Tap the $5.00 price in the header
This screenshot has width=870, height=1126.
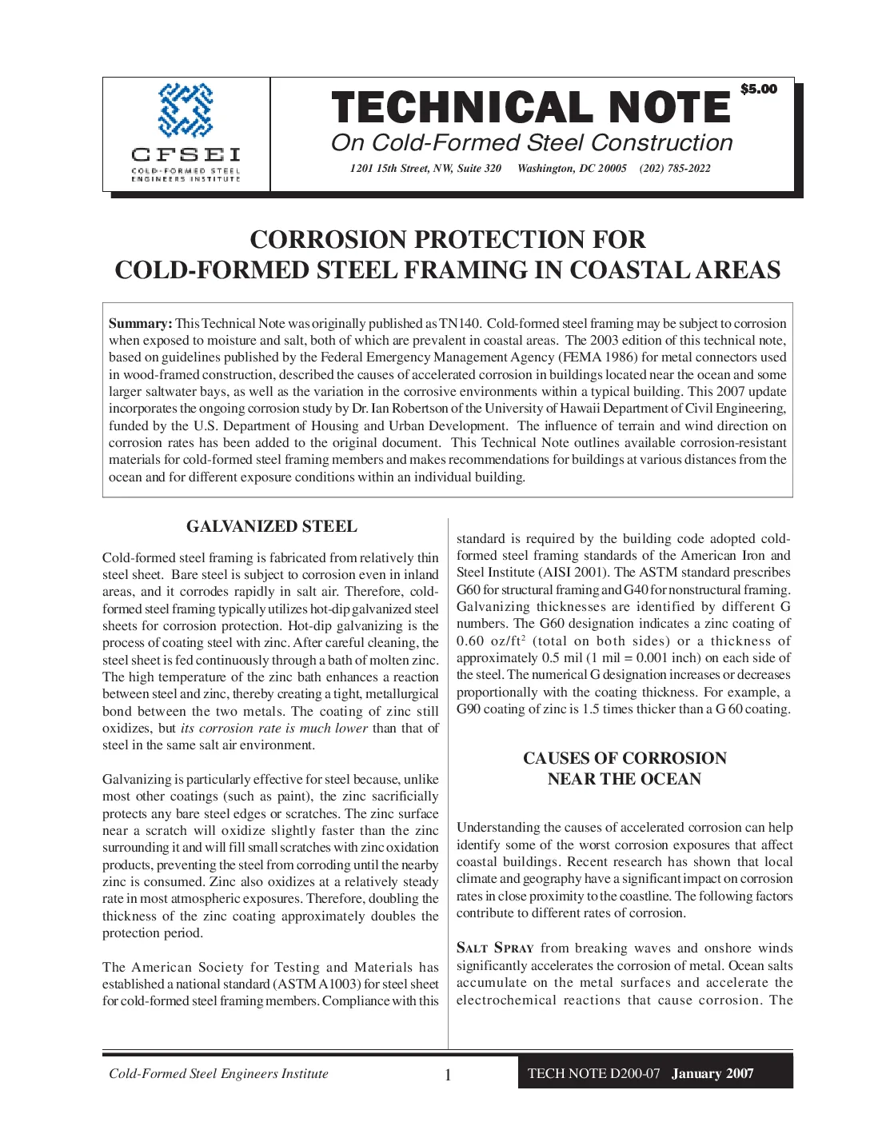tap(758, 89)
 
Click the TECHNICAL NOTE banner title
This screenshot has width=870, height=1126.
tap(531, 109)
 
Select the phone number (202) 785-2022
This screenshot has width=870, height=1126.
tap(675, 168)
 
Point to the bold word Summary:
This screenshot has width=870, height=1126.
tap(140, 324)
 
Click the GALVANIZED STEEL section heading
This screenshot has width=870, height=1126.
tap(272, 526)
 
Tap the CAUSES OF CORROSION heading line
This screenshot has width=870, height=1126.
tap(625, 758)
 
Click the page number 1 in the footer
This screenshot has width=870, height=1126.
tap(448, 1075)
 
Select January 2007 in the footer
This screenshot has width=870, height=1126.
tap(712, 1073)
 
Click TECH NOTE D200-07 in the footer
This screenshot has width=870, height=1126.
tap(594, 1073)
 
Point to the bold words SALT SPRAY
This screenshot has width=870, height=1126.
tap(495, 948)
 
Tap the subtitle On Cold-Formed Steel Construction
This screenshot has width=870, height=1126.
tap(532, 143)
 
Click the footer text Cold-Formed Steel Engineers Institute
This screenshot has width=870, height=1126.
tap(218, 1073)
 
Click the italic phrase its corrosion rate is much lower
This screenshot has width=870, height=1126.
tap(274, 729)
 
